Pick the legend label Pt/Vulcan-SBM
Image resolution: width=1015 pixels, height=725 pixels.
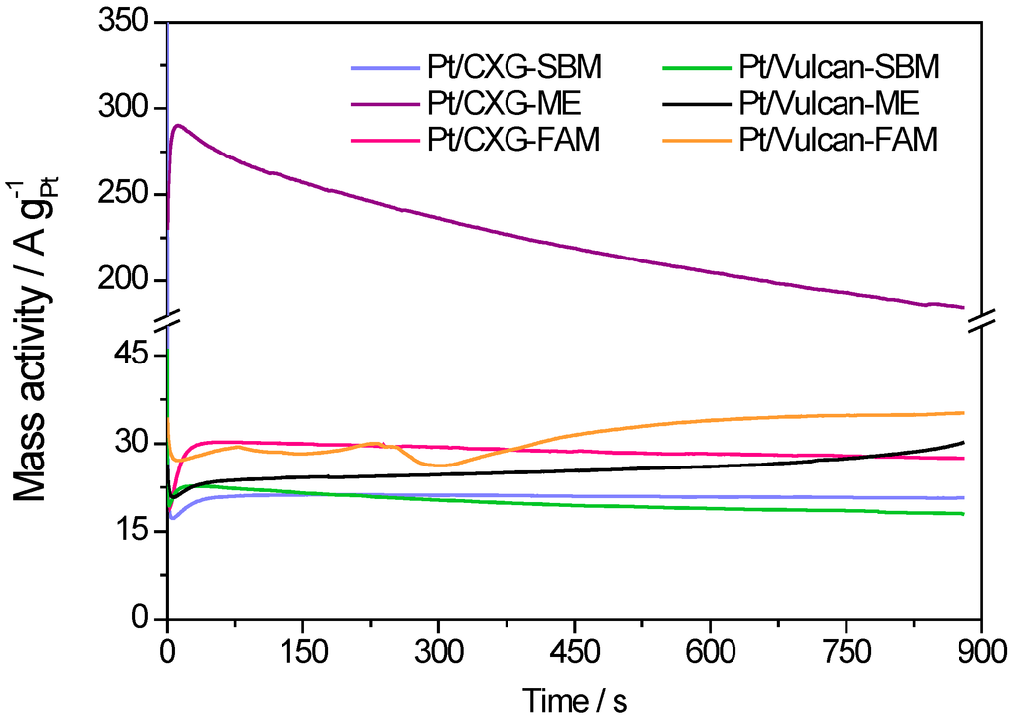839,68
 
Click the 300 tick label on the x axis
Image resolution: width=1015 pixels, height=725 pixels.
438,650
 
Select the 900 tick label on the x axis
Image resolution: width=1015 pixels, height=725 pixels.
981,650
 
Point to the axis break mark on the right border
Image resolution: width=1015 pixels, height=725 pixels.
982,319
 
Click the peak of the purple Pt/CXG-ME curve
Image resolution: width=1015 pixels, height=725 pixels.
178,126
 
